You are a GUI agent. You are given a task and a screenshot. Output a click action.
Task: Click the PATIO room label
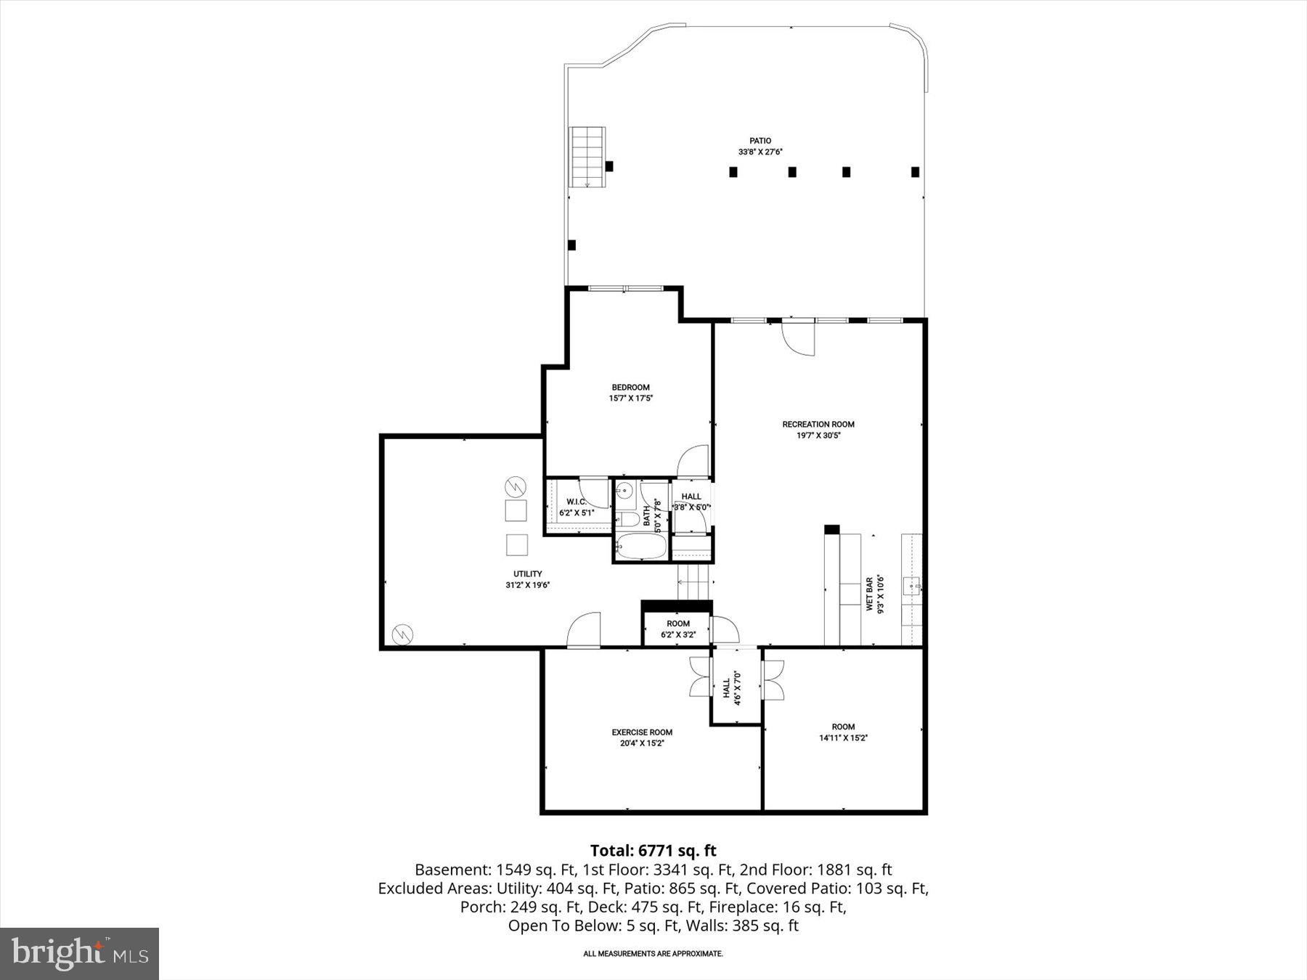point(760,141)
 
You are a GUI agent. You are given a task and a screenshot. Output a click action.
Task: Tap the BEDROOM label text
point(630,387)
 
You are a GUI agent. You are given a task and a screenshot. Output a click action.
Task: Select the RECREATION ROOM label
point(818,424)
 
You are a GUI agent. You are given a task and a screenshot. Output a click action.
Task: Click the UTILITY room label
point(528,573)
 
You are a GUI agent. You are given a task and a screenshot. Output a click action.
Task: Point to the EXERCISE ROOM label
point(642,732)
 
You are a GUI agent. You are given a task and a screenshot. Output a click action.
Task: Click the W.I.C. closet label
point(577,502)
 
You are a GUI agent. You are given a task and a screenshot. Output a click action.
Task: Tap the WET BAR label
point(869,595)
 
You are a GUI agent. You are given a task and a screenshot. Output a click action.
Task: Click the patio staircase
point(587,156)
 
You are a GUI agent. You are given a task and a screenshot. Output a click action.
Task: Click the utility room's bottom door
point(585,630)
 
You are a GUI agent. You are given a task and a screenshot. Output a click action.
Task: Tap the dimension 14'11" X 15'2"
point(843,738)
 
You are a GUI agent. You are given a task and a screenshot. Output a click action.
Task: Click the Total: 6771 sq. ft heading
point(653,850)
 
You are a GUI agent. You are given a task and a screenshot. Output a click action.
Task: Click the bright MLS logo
point(79,953)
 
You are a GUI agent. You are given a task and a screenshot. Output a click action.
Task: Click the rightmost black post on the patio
point(915,172)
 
